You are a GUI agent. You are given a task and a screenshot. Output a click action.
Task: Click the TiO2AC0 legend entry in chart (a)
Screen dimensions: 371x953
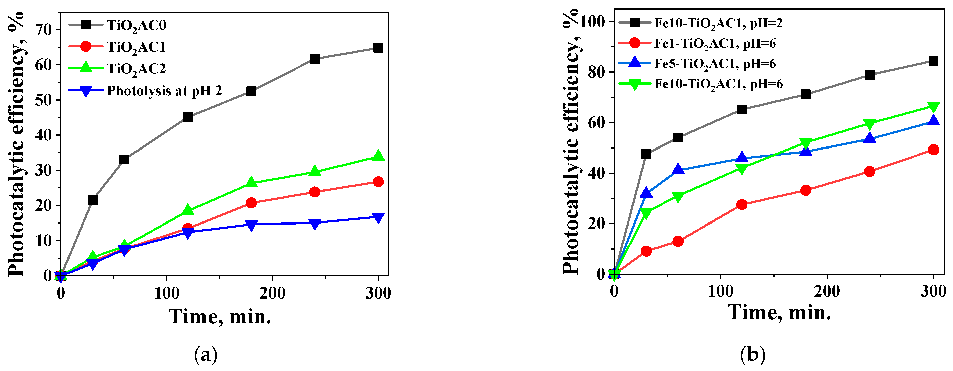pos(136,25)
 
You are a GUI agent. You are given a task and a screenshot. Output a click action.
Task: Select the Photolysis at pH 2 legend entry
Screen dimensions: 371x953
pos(164,91)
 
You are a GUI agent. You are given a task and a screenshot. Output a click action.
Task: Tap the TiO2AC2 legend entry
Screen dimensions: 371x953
pos(136,69)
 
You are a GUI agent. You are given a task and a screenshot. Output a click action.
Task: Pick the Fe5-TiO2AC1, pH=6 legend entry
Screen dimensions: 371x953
pos(715,64)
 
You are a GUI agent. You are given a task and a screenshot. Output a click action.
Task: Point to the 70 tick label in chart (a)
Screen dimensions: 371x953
pos(43,30)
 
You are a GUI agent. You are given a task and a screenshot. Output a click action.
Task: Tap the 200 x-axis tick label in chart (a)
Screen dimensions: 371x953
pos(272,293)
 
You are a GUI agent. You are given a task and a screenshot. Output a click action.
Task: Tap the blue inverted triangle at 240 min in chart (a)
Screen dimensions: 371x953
pos(314,224)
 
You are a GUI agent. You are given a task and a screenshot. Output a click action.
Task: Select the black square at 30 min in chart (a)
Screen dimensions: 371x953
pos(93,200)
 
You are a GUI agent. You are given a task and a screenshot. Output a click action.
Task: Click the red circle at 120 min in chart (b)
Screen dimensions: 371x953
pos(742,204)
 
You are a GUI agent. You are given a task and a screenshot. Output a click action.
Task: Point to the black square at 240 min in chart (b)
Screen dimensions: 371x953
pos(870,75)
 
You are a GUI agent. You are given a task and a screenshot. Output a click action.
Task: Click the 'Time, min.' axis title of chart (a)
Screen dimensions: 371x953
pos(220,317)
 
